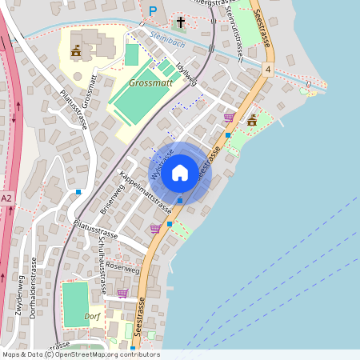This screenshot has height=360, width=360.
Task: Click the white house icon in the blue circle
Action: click(180, 172)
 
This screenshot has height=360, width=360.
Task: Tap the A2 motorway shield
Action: click(7, 198)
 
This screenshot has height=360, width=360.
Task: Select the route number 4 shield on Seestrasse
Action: click(269, 70)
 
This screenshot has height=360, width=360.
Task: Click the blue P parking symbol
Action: click(153, 10)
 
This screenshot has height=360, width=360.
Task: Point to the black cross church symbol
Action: click(181, 22)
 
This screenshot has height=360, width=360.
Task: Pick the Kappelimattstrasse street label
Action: click(146, 193)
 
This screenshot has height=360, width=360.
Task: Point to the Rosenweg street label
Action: click(122, 267)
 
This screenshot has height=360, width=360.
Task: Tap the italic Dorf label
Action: click(92, 317)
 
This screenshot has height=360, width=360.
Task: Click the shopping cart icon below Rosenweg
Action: click(122, 294)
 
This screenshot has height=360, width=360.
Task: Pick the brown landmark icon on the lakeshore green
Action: click(252, 120)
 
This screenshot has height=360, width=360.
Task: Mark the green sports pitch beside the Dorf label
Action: click(74, 303)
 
